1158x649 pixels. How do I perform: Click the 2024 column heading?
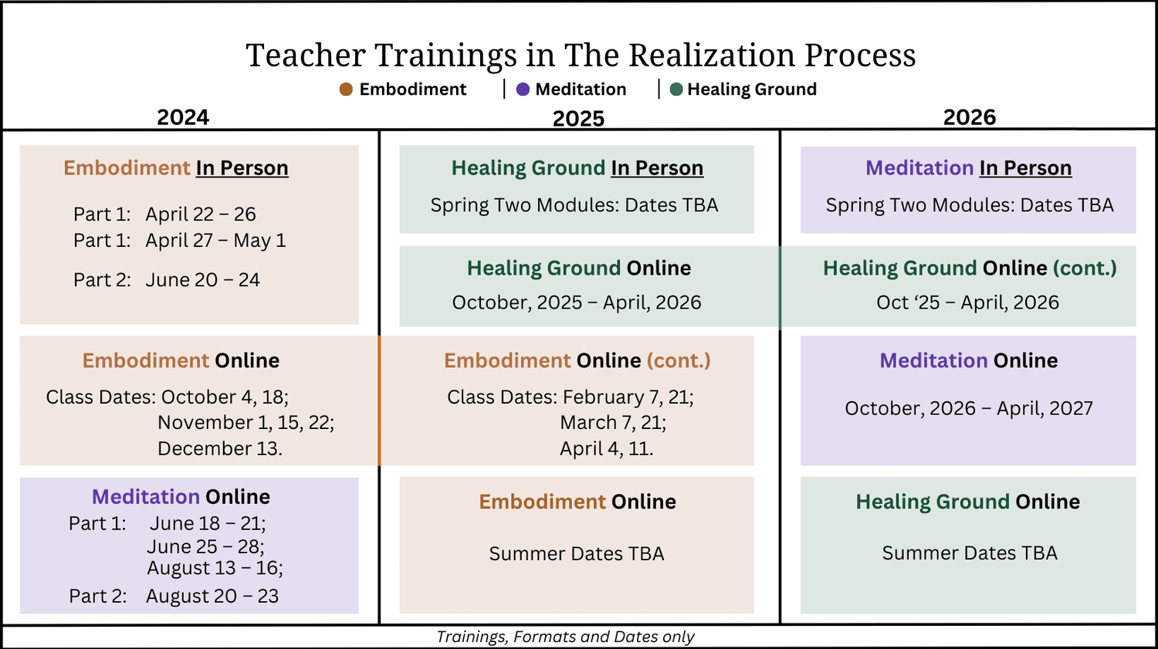183,117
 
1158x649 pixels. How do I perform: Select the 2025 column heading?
578,119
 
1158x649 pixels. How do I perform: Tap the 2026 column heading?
970,117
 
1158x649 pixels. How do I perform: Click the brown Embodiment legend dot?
346,90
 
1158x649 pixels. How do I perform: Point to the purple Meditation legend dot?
523,90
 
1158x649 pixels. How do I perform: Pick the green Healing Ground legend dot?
676,90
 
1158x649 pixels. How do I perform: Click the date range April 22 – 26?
201,215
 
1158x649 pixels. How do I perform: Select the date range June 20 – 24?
202,280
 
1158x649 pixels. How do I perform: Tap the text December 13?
220,448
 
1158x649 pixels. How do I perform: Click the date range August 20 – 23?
212,597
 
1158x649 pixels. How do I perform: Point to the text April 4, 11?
607,448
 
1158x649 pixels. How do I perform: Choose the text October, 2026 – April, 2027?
969,408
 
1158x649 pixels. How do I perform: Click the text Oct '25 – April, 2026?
967,303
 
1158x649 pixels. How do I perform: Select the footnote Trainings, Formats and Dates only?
565,637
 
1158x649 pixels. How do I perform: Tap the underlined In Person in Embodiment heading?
242,168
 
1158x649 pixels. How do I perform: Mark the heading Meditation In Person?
968,168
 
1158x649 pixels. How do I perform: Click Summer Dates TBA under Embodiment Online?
577,554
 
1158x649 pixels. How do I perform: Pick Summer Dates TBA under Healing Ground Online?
970,553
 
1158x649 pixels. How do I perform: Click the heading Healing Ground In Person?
577,168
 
